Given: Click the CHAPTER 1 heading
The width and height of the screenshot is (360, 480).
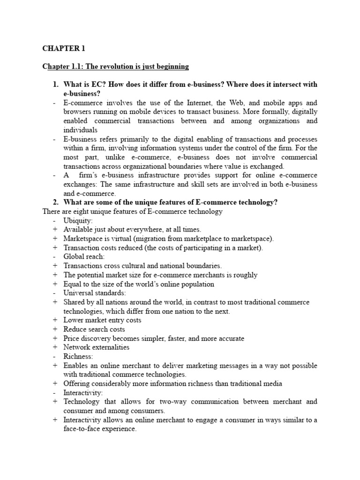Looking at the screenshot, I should [x=64, y=48].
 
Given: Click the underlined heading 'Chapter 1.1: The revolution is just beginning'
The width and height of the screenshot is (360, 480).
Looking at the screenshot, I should [x=115, y=67].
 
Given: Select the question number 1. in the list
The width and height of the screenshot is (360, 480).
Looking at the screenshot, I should [x=56, y=84].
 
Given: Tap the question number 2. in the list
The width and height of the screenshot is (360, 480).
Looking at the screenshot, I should [x=56, y=202].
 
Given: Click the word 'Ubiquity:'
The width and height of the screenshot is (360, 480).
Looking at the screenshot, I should [x=78, y=221].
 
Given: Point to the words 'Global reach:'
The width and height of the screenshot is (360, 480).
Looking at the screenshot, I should [x=84, y=257].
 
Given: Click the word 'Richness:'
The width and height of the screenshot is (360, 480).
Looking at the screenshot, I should [x=78, y=356].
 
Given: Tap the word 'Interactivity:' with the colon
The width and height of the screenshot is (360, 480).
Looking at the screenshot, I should [x=83, y=392].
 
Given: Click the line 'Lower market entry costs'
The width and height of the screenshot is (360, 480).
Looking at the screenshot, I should [x=102, y=320].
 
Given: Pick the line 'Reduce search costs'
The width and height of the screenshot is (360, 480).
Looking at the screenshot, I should [x=94, y=329].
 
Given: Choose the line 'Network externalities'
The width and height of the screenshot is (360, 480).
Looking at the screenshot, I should [x=97, y=347].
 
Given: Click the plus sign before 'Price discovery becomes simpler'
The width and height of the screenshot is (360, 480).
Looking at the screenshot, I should [x=55, y=338].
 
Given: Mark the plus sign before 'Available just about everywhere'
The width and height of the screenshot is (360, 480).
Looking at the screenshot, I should [x=55, y=230].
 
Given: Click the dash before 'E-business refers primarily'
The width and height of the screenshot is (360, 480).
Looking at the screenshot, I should [x=55, y=139].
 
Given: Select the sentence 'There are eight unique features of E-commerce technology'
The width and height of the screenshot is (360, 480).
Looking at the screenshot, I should [x=133, y=211].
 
